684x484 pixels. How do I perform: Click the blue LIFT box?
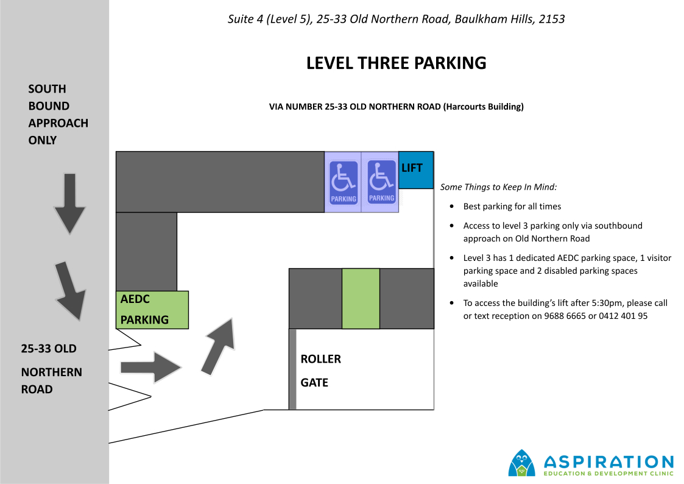click(416, 170)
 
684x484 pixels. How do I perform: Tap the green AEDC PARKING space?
click(152, 310)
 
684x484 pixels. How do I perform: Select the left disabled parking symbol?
click(344, 182)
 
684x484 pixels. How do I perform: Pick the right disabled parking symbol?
click(382, 182)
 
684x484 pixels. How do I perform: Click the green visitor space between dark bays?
click(361, 299)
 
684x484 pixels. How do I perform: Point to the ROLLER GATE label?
click(320, 371)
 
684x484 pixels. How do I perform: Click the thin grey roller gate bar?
click(293, 369)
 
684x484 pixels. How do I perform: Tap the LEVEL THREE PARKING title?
click(396, 63)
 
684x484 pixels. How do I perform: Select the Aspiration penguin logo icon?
click(522, 463)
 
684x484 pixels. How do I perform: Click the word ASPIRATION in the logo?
click(608, 461)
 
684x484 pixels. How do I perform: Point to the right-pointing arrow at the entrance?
click(151, 368)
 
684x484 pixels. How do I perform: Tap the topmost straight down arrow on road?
click(70, 204)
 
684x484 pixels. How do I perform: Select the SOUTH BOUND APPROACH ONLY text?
click(58, 115)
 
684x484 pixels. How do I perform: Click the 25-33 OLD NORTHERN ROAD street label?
click(52, 369)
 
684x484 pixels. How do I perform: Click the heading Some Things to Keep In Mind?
click(498, 187)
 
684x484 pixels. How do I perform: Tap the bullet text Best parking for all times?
click(512, 207)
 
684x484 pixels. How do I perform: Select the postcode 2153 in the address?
click(552, 20)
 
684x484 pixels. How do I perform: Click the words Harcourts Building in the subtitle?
click(484, 107)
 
